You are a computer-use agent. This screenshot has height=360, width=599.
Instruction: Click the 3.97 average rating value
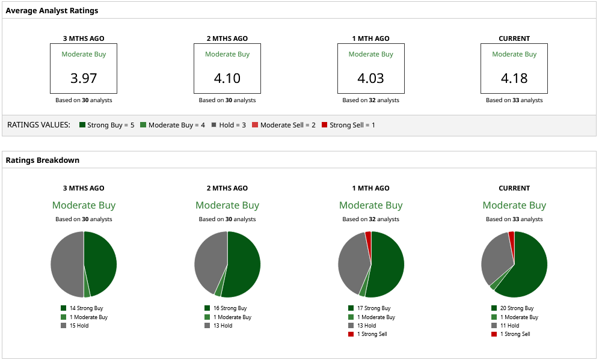click(x=84, y=78)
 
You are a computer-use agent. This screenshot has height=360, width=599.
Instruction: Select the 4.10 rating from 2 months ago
click(x=227, y=78)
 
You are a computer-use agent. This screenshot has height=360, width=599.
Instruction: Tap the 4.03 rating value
click(x=370, y=78)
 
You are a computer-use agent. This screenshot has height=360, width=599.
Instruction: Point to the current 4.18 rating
click(x=514, y=78)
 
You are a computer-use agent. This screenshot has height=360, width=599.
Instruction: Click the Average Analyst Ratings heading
click(x=52, y=11)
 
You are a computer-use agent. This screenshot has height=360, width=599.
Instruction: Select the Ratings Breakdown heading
click(x=42, y=160)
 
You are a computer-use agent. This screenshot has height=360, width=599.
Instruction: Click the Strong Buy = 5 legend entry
click(x=106, y=125)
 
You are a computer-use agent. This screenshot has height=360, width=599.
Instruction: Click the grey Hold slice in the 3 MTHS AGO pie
click(x=66, y=264)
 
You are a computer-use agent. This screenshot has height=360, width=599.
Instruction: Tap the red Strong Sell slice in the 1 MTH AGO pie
click(x=368, y=235)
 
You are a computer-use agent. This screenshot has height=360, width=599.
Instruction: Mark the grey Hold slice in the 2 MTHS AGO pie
click(x=209, y=261)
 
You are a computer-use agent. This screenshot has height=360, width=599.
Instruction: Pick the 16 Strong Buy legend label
click(x=229, y=308)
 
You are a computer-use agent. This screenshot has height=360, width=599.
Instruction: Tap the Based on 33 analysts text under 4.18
click(x=514, y=100)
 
